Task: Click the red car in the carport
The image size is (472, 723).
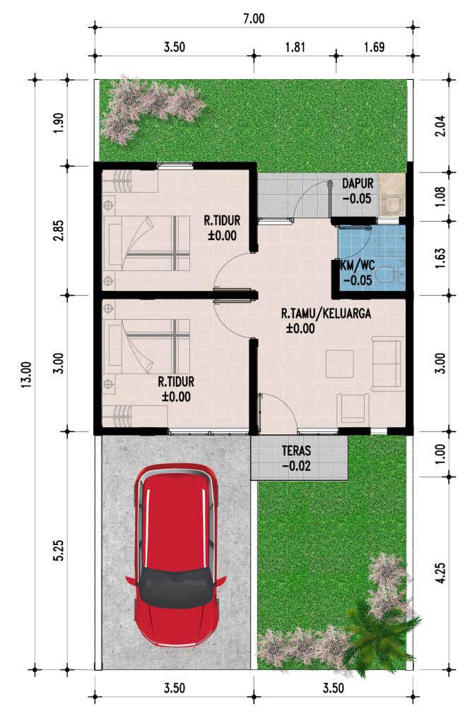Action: (x=176, y=555)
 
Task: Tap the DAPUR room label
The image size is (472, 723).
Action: (x=358, y=183)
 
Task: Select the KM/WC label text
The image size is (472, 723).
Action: (x=357, y=265)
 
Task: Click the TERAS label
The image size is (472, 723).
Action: (x=297, y=450)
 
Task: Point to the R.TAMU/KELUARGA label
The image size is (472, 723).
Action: (x=326, y=313)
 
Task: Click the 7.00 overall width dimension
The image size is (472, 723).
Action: (x=254, y=18)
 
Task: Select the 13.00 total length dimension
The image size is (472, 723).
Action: (x=26, y=374)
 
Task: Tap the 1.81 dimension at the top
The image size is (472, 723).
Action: (x=295, y=47)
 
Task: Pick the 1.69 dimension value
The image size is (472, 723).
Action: (x=374, y=47)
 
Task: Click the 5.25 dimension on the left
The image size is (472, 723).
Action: (x=59, y=551)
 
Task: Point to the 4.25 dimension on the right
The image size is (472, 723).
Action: (x=441, y=573)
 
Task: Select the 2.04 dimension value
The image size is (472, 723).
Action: (x=441, y=126)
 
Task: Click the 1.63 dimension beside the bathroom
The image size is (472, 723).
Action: (x=441, y=258)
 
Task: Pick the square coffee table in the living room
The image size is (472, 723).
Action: (x=340, y=364)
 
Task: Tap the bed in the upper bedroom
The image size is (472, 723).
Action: (x=146, y=243)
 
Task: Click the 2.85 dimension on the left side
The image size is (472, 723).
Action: (x=59, y=231)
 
